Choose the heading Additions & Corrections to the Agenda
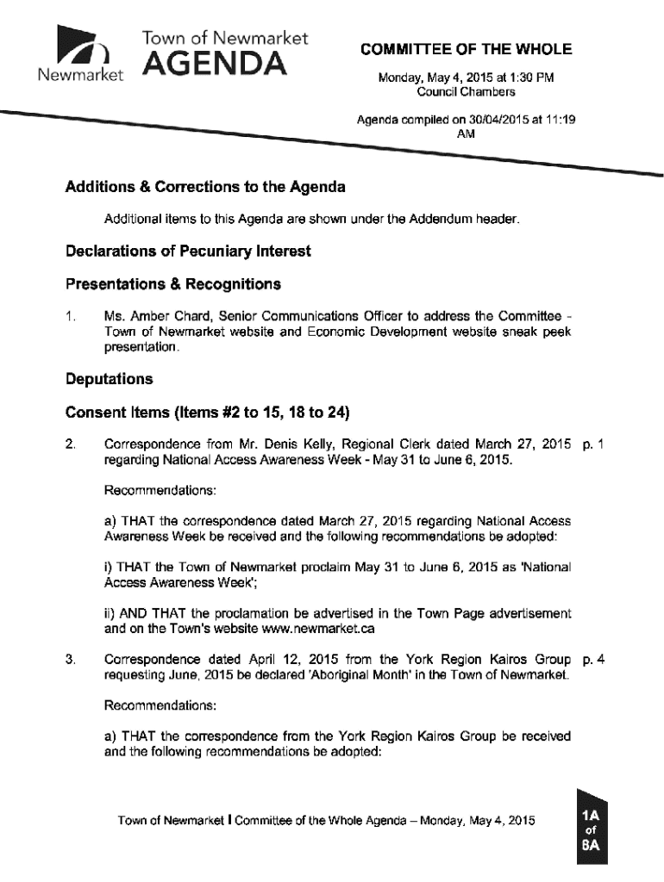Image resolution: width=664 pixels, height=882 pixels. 205,187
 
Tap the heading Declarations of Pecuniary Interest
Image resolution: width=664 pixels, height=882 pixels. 188,252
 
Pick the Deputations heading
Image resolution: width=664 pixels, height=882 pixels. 109,379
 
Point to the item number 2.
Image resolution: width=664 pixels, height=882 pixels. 69,444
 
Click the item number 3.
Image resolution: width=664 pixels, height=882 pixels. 69,661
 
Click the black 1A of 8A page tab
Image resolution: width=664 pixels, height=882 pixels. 592,828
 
